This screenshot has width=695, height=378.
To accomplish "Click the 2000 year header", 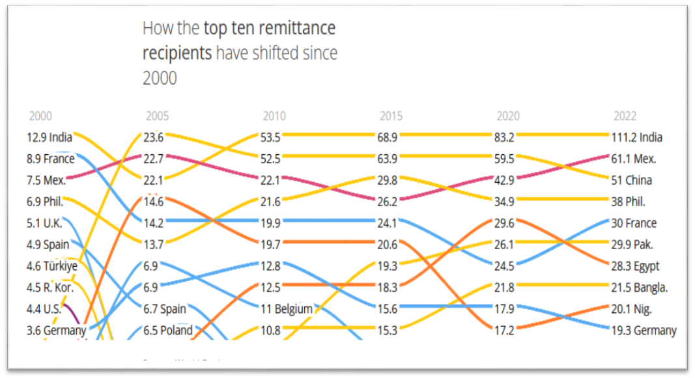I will (x=40, y=116).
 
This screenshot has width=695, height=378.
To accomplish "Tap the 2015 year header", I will (x=391, y=116).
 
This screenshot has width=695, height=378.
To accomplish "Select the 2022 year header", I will (x=625, y=116).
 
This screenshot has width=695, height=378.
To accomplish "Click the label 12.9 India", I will (x=50, y=137).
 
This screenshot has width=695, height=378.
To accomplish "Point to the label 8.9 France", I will (x=51, y=159).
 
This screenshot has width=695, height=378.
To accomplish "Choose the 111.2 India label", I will (x=638, y=137).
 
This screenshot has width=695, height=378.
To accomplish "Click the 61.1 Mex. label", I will (x=634, y=159).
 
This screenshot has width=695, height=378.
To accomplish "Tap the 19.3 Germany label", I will (x=644, y=331).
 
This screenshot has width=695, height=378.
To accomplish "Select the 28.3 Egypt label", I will (x=636, y=266).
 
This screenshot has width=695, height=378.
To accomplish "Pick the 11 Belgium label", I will (x=287, y=309).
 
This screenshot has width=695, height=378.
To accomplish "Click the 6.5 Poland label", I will (x=168, y=331).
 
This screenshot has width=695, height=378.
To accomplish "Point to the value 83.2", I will (x=505, y=137).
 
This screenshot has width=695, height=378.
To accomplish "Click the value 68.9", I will (x=388, y=137).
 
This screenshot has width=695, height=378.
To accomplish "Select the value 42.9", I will (x=505, y=180).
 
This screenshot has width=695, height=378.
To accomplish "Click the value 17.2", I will (x=505, y=331).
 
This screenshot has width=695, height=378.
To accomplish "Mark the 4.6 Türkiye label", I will (x=52, y=266).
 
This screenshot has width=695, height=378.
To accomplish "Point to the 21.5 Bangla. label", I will (x=640, y=288).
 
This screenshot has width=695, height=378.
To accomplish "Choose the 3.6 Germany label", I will (x=57, y=331).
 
